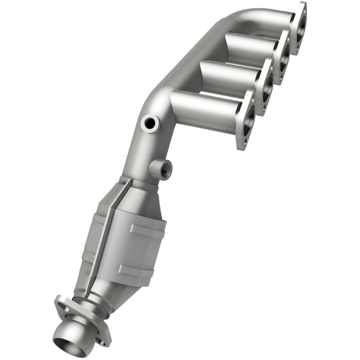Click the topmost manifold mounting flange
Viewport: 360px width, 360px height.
pyautogui.click(x=298, y=27)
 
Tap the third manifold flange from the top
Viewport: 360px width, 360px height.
pyautogui.click(x=265, y=88)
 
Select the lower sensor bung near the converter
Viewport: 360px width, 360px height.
pyautogui.click(x=162, y=169)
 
